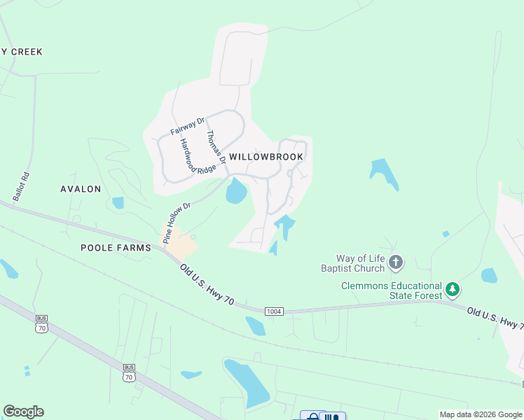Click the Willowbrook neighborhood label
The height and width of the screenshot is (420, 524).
coord(266,157)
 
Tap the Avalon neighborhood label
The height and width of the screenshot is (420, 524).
coord(81,189)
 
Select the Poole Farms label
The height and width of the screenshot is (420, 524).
coord(116,248)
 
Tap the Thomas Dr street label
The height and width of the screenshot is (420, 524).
coord(215,148)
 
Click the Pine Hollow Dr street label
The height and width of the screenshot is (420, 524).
coord(177,223)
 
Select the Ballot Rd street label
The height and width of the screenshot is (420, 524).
coord(26,187)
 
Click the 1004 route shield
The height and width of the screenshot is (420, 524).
coord(274,311)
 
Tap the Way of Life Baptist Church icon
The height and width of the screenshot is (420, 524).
coord(396,263)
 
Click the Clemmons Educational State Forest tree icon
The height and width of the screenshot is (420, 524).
coord(453,288)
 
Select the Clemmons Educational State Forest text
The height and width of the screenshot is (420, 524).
coord(392,290)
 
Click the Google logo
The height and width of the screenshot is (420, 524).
coord(23,412)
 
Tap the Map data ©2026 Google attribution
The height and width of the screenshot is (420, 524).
coord(480,414)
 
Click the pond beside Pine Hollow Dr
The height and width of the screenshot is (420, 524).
coord(236,191)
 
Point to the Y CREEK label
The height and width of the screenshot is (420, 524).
coord(22,52)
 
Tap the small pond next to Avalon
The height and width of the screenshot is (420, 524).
coord(118,203)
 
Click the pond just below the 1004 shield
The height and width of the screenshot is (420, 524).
coord(256,326)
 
